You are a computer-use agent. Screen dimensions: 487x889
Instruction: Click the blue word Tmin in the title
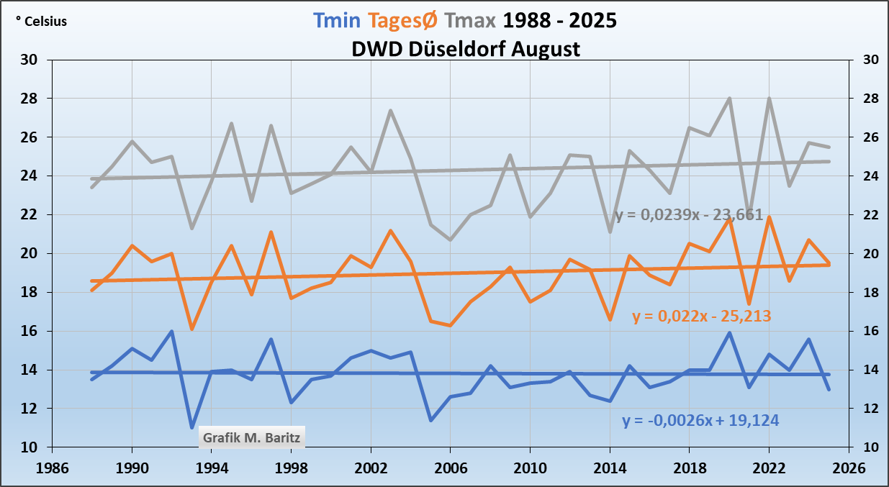335,20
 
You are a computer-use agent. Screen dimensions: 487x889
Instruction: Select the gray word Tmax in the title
470,20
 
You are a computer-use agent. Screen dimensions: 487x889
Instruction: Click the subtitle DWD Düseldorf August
466,49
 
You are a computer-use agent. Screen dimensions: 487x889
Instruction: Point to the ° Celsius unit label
41,22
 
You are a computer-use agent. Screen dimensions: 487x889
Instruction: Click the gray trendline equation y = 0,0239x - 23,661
689,215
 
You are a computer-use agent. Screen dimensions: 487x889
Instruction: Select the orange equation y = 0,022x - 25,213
702,316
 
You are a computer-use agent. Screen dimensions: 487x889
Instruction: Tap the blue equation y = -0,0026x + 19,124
700,421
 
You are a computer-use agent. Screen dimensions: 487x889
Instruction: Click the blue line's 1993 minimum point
192,428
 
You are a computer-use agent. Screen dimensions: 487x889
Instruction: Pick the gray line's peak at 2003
390,111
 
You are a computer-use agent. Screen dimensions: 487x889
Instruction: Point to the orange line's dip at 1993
192,329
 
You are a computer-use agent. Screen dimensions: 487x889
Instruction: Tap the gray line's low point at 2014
610,232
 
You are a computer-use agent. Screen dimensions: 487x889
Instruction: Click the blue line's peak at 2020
729,333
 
